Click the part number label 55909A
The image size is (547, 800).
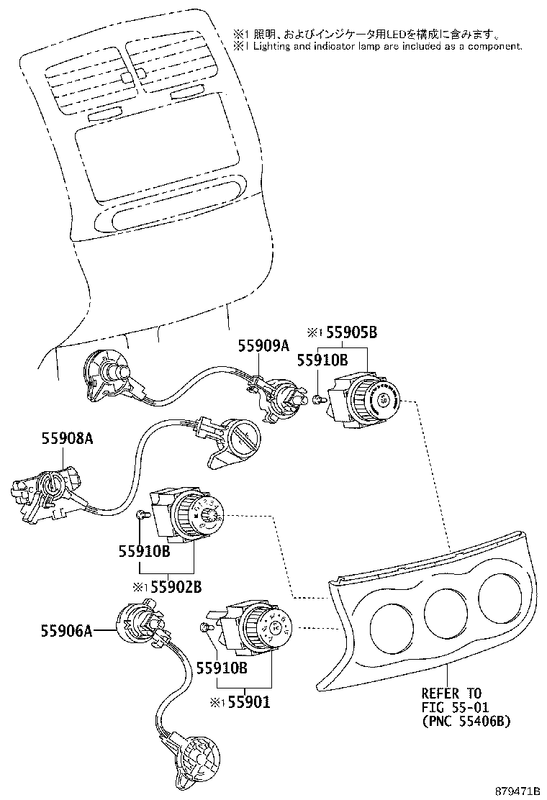point(263,346)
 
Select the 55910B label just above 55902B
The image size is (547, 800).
point(144,551)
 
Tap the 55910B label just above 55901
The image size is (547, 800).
point(222,668)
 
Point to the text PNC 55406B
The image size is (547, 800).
point(466,721)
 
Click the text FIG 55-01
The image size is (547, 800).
point(451,707)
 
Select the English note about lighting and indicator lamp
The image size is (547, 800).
point(376,45)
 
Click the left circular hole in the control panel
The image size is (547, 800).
point(388,626)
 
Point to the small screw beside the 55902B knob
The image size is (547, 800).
point(141,513)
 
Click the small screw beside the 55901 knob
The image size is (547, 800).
point(204,628)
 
